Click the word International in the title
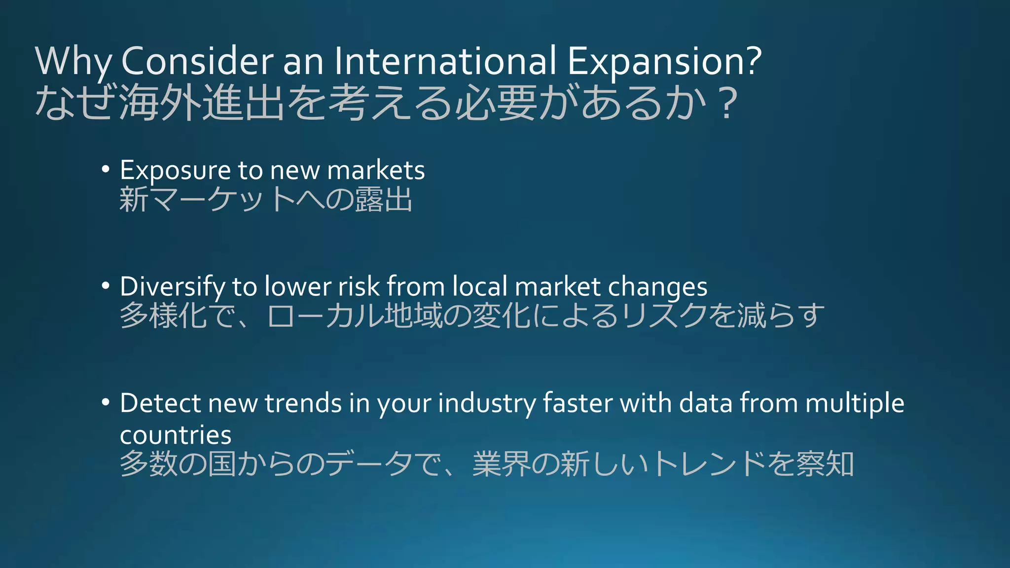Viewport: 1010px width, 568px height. click(445, 61)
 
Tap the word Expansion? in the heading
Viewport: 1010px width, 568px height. click(664, 61)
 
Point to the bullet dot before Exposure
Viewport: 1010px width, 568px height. click(105, 170)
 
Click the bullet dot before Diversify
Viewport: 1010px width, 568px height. click(105, 286)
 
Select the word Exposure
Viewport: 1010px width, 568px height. click(175, 171)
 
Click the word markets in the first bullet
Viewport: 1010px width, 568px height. click(376, 171)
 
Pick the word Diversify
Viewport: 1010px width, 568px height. click(172, 287)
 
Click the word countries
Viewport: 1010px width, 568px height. click(176, 435)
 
